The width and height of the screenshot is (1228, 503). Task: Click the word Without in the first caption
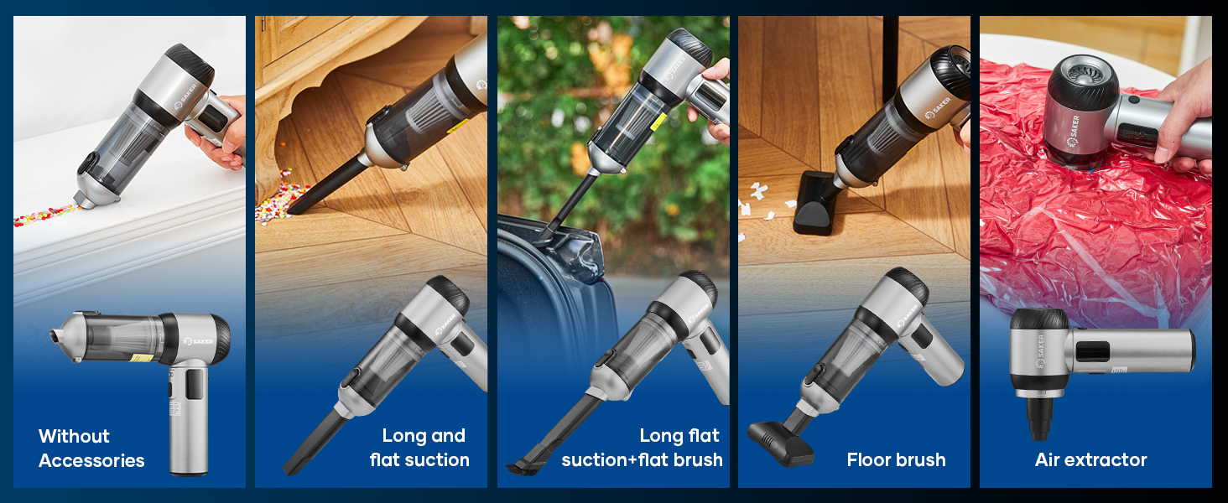74,436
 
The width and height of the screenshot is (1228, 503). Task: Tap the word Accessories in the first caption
91,460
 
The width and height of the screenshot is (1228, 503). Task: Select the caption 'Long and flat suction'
420,448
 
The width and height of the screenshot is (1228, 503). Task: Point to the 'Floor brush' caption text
896,459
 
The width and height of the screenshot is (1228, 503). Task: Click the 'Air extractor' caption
1090,459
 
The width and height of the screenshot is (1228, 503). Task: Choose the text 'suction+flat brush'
642,459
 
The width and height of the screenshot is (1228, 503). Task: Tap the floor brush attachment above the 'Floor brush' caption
781,440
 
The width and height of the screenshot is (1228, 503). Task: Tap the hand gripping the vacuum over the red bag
1184,117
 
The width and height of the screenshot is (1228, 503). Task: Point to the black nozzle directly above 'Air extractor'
1039,419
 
